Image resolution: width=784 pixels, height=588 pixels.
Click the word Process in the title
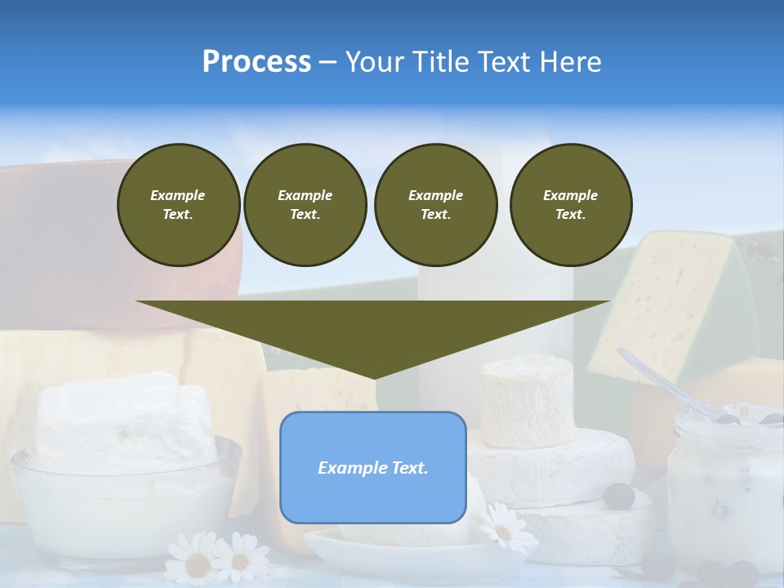(256, 62)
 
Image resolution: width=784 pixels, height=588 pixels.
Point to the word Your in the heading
(375, 62)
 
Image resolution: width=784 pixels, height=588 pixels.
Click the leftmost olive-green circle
(178, 205)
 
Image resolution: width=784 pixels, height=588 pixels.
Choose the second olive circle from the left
(305, 205)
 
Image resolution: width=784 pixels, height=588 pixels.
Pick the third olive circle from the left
(435, 205)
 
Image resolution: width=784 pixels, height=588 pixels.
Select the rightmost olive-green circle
(570, 205)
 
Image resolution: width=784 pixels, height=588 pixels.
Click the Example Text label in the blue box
(373, 468)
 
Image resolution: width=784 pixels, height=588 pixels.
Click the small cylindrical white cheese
(527, 401)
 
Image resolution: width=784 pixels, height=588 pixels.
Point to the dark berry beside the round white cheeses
(620, 495)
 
